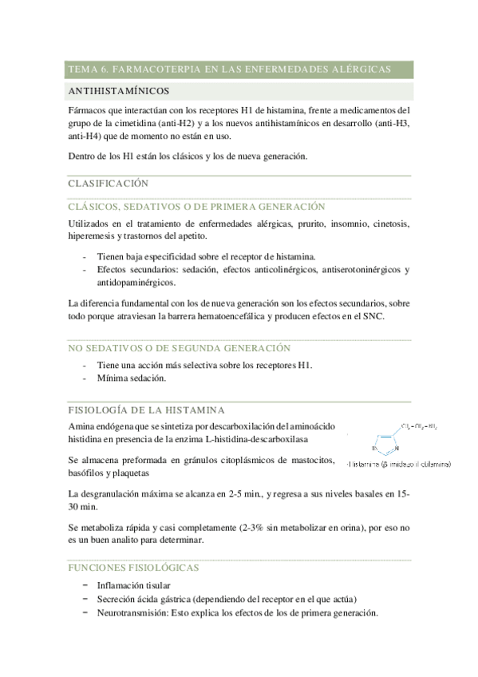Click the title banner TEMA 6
coord(229,70)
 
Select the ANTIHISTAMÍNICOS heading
coord(119,91)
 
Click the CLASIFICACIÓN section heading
coord(108,184)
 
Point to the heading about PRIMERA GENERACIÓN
coord(184,206)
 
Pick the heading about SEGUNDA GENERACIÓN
coord(179,348)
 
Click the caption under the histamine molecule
coord(399,464)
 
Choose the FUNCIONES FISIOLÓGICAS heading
coord(133,568)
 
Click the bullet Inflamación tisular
coord(133,587)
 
